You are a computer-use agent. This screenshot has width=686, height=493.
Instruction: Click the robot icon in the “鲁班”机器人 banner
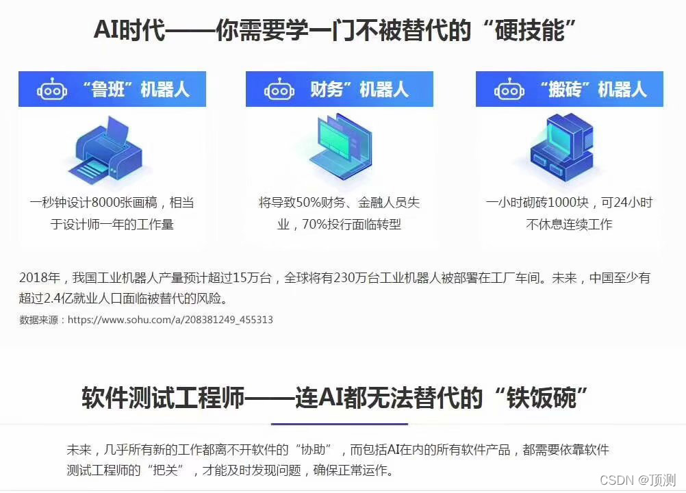52,90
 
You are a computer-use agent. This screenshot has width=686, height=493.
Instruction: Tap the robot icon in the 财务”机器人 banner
279,90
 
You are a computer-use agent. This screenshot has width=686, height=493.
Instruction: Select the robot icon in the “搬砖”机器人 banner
509,90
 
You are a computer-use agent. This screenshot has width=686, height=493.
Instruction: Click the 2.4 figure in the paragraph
59,299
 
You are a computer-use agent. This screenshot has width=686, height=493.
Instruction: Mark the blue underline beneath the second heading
340,424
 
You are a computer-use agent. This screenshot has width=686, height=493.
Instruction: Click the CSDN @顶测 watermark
637,479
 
